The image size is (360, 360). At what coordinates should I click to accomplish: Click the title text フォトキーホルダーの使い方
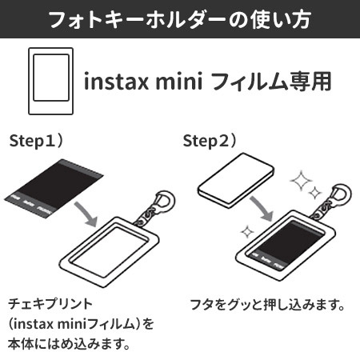[180, 19]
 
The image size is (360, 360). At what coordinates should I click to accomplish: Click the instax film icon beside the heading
[50, 81]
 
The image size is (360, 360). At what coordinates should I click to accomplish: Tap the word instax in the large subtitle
[116, 81]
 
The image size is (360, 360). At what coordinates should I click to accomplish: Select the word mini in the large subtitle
[178, 81]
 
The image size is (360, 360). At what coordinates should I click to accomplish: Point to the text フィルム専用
[271, 81]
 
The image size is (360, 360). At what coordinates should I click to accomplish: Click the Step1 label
[36, 141]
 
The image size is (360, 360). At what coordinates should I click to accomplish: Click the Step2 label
[210, 141]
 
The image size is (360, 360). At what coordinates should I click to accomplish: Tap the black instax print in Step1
[54, 188]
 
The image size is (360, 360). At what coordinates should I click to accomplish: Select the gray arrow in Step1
[86, 214]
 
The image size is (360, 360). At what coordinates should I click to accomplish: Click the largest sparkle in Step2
[301, 181]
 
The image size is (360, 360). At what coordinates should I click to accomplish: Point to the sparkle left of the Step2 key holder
[247, 232]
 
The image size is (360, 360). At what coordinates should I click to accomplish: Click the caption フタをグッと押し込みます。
[267, 305]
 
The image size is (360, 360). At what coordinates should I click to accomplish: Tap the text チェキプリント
[50, 304]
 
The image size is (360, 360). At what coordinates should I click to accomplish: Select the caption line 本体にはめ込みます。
[69, 344]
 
